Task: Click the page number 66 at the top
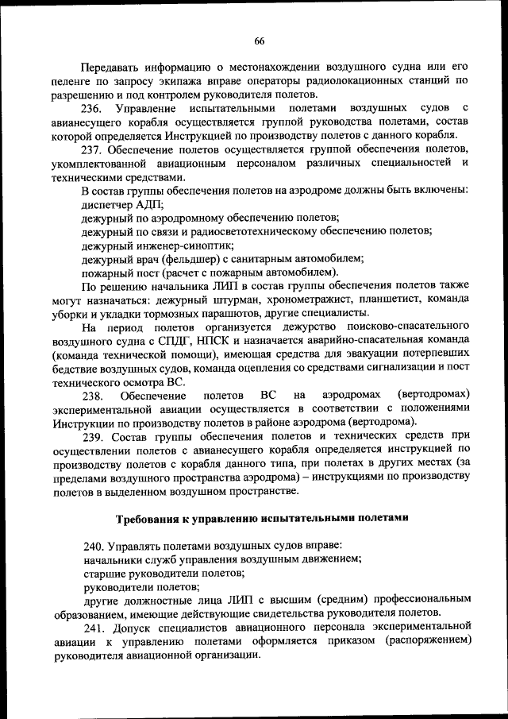coord(260,41)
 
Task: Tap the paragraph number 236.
coord(94,107)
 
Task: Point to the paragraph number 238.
coord(94,395)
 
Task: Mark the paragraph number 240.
coord(94,545)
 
